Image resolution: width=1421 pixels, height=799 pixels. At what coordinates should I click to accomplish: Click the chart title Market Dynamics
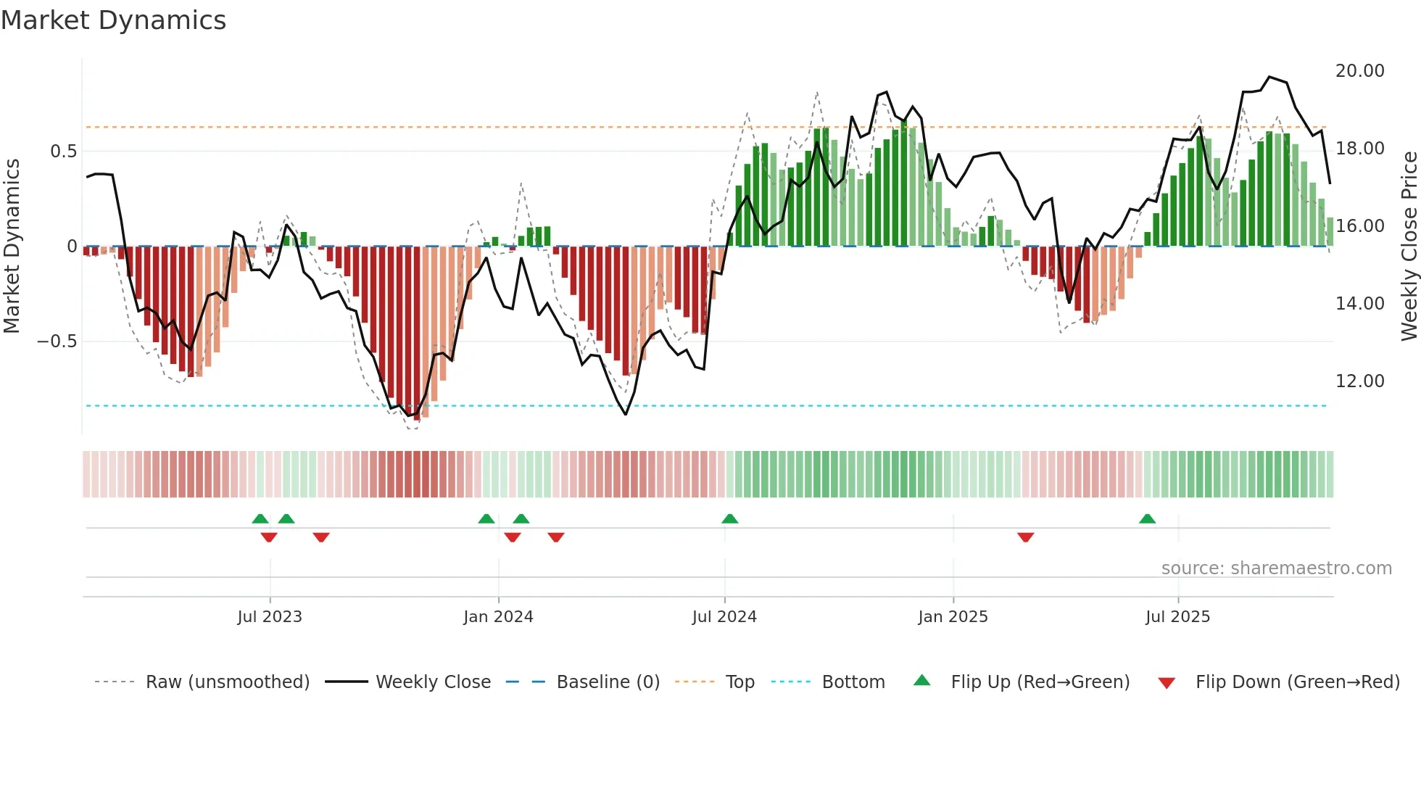click(113, 20)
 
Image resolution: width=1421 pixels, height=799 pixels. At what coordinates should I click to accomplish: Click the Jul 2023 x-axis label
click(269, 617)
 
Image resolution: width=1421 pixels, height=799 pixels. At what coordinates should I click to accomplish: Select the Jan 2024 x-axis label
click(498, 617)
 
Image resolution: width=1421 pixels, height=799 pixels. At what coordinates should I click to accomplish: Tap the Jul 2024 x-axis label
click(724, 617)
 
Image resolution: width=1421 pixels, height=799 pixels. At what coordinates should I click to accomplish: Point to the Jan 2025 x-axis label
click(953, 617)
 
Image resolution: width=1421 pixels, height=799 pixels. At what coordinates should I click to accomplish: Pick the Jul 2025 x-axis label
click(1177, 617)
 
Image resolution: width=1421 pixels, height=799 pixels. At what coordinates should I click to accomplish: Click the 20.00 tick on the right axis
click(1359, 71)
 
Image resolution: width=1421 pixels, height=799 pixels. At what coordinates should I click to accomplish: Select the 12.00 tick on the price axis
click(1359, 381)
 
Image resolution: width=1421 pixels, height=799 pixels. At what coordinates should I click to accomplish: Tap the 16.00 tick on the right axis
click(1359, 226)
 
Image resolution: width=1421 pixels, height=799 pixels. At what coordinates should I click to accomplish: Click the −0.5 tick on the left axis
click(57, 341)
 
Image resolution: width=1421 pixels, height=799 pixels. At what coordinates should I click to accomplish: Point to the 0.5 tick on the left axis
click(63, 152)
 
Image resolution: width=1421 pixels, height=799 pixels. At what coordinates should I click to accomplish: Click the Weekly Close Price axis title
click(1409, 246)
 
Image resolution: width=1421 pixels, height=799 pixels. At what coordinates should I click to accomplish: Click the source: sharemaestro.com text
click(1276, 568)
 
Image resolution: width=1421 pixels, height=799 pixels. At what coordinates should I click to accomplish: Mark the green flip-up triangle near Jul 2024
click(730, 519)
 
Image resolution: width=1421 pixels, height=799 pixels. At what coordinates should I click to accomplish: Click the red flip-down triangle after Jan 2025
click(1025, 537)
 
